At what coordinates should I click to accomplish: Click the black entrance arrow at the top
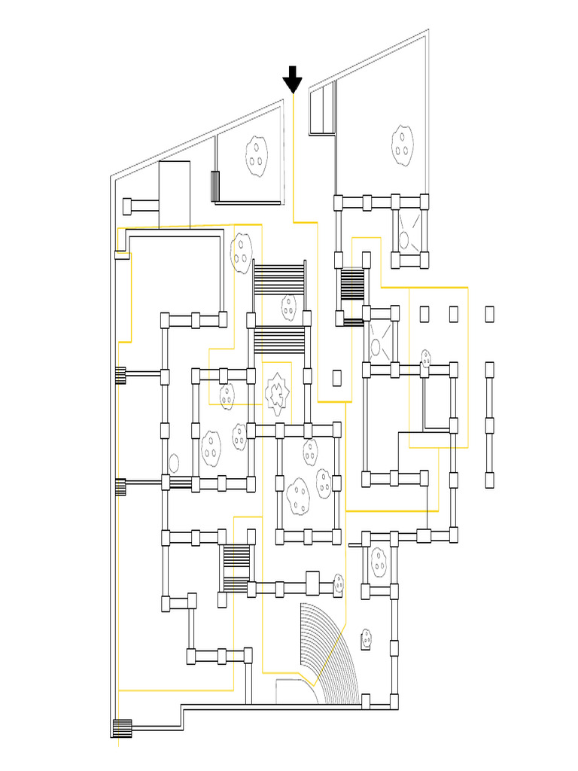pos(292,79)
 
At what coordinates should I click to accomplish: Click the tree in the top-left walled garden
pos(257,155)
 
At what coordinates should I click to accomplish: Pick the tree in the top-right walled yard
pos(403,145)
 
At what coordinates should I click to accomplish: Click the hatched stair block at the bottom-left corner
pos(122,728)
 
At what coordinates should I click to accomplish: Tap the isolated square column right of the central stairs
pos(336,377)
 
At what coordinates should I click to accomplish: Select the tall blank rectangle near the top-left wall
pos(174,194)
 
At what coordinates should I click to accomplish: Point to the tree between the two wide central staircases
pos(288,306)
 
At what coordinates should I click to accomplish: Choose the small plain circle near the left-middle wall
pos(174,462)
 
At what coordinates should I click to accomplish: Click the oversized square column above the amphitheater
pos(312,583)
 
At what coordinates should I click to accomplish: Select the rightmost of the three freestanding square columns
pos(490,313)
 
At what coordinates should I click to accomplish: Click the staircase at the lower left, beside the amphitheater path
pos(236,568)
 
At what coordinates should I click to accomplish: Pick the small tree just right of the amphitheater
pos(367,638)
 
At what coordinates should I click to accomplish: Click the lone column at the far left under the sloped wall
pos(127,205)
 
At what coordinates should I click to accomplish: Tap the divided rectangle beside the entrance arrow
pos(322,108)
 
